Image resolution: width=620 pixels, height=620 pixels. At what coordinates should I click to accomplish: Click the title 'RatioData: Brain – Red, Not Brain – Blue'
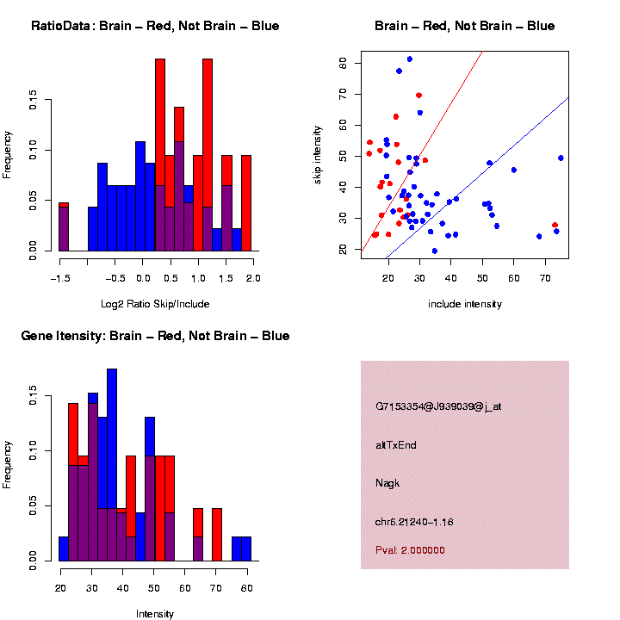pyautogui.click(x=155, y=26)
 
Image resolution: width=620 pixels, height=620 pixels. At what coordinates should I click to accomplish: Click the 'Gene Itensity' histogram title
pyautogui.click(x=155, y=336)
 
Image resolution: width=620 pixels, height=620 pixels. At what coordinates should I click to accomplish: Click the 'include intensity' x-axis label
pyautogui.click(x=465, y=303)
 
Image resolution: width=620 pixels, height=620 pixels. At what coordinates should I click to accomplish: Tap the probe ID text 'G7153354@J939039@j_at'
pyautogui.click(x=438, y=406)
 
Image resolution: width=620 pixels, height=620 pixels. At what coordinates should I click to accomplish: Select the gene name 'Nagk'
pyautogui.click(x=387, y=483)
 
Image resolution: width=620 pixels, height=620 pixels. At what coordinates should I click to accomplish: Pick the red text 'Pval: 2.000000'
pyautogui.click(x=410, y=550)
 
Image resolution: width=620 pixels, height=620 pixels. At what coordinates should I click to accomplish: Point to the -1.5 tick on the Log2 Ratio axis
pyautogui.click(x=59, y=278)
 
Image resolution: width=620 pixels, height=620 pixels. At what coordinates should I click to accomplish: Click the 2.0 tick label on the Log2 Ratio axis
pyautogui.click(x=252, y=278)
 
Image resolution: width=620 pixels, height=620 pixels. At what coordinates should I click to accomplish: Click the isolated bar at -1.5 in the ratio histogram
pyautogui.click(x=63, y=227)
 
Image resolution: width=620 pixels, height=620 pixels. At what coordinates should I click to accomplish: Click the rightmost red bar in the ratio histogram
pyautogui.click(x=246, y=203)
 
